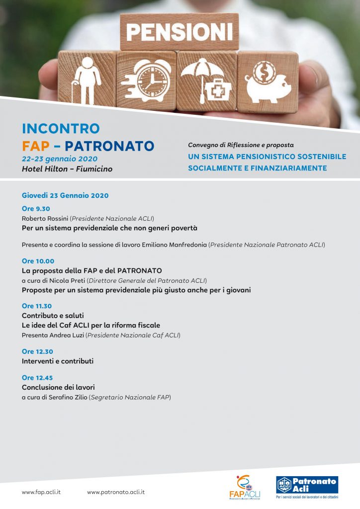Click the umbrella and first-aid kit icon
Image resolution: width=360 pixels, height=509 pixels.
[206, 80]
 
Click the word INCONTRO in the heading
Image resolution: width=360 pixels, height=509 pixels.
[61, 128]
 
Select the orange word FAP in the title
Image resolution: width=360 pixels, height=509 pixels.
[37, 146]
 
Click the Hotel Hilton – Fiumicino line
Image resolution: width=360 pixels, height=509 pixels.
[67, 169]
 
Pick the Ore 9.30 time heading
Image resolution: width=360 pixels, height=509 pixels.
[36, 209]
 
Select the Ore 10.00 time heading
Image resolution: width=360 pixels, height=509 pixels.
[38, 261]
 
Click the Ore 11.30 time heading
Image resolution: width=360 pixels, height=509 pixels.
[37, 306]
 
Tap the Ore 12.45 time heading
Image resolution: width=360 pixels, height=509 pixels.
[37, 378]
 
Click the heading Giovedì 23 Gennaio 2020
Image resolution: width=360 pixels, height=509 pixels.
[65, 195]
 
